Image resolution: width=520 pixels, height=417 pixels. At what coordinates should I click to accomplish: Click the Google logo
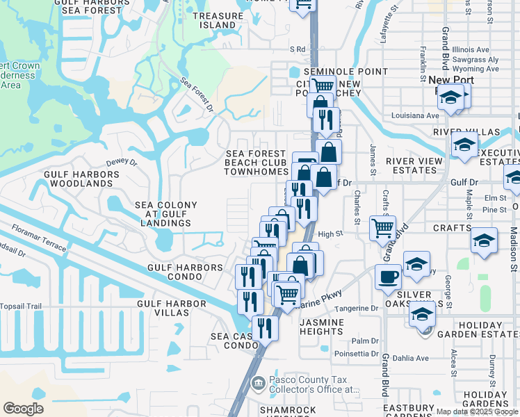[x=24, y=409]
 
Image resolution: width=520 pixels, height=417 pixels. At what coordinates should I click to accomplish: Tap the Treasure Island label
[x=214, y=20]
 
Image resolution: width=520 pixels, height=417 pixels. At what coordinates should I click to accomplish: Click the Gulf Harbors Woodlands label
[x=79, y=179]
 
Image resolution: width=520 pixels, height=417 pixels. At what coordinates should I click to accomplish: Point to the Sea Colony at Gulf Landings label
[x=166, y=214]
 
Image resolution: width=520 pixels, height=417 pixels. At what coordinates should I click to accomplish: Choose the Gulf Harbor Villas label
[x=172, y=308]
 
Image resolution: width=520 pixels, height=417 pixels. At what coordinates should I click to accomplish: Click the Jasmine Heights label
[x=321, y=327]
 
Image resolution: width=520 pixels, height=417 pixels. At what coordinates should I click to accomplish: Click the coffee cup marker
[x=388, y=277]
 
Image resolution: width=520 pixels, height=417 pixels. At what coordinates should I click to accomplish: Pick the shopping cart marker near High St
[x=382, y=228]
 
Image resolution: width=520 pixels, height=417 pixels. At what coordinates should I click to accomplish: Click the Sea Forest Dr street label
[x=197, y=95]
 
